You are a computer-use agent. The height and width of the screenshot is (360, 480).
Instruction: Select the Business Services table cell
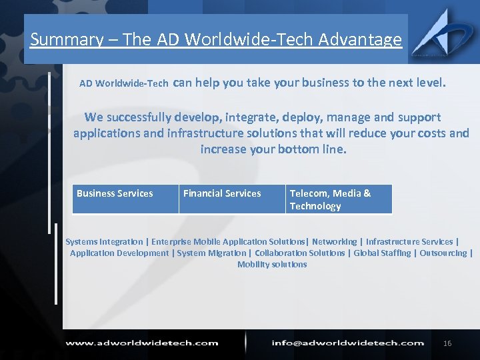125,199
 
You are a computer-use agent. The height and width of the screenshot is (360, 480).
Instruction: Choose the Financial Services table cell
231,199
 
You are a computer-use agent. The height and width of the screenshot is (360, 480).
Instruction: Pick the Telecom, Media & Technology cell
339,199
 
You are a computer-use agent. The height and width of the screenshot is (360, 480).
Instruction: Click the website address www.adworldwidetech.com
141,343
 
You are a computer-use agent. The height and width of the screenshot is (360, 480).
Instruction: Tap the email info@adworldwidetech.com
347,343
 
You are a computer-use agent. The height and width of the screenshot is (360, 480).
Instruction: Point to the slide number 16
447,343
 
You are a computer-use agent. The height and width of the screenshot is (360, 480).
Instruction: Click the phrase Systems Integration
104,242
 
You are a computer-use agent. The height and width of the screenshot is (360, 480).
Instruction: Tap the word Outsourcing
443,253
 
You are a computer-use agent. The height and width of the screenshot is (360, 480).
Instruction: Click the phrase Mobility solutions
272,265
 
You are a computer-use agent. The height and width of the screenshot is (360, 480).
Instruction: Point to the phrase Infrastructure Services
409,242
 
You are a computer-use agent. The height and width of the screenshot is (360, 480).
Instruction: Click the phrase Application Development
119,253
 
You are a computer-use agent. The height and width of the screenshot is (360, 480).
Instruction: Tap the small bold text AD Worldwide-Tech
123,84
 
